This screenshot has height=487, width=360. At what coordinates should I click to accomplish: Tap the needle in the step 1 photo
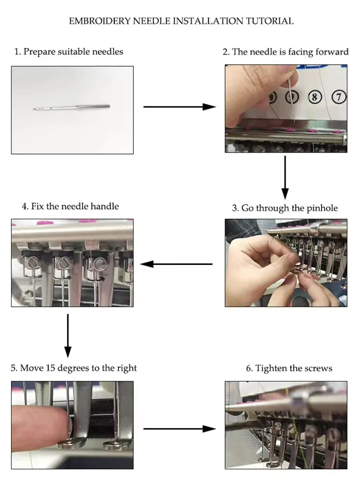pyautogui.click(x=72, y=107)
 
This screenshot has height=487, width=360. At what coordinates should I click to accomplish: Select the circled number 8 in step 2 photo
pyautogui.click(x=314, y=97)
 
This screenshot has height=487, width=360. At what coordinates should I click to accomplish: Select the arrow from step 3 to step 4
pyautogui.click(x=176, y=264)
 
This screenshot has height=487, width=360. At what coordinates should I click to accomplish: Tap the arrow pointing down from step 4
pyautogui.click(x=68, y=336)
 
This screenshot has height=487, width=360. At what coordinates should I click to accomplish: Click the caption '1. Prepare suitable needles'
pyautogui.click(x=69, y=51)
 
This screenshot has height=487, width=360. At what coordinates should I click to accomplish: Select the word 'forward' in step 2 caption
pyautogui.click(x=332, y=52)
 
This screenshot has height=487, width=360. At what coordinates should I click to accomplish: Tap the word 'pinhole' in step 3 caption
pyautogui.click(x=322, y=208)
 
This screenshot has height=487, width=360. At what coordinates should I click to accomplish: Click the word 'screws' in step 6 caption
pyautogui.click(x=318, y=368)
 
